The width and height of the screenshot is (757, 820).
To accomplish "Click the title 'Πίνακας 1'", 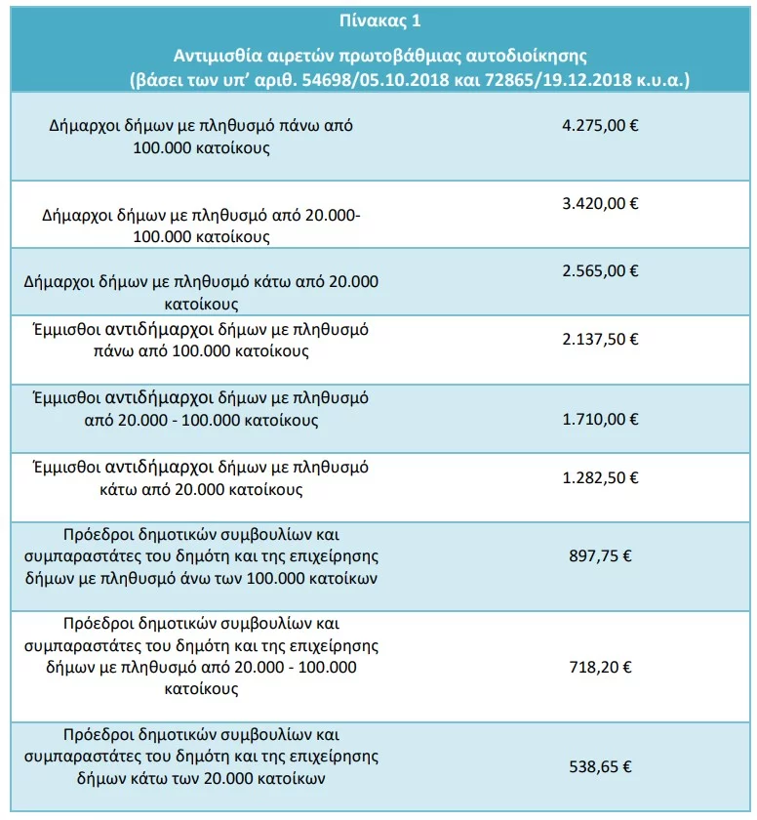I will [379, 20].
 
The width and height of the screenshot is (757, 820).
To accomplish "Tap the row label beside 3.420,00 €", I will [201, 225].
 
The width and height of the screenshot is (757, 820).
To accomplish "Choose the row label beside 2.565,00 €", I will [201, 292].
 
